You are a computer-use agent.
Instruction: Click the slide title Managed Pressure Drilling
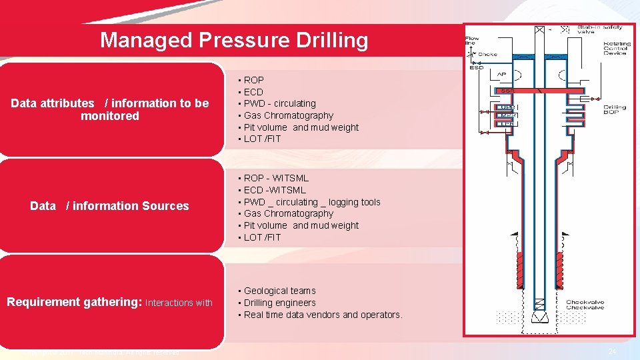click(233, 41)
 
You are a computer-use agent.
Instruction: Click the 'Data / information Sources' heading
click(110, 206)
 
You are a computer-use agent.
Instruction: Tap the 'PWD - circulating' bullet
click(279, 103)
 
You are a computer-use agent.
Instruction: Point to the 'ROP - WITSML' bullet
click(276, 178)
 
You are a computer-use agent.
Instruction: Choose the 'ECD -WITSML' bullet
click(275, 190)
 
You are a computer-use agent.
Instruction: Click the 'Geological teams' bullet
click(279, 291)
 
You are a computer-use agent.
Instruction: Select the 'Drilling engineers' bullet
click(279, 303)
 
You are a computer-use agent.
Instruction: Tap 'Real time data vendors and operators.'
click(323, 315)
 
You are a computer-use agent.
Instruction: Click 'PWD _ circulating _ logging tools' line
click(312, 202)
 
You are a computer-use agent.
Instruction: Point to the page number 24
click(612, 351)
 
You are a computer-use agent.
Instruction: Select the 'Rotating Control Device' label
click(617, 48)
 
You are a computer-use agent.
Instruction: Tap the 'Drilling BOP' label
click(615, 110)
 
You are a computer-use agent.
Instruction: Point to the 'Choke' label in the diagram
click(487, 54)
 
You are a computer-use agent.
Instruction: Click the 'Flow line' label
click(472, 41)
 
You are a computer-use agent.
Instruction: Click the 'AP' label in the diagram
click(501, 74)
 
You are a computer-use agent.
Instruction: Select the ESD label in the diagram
click(477, 67)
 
